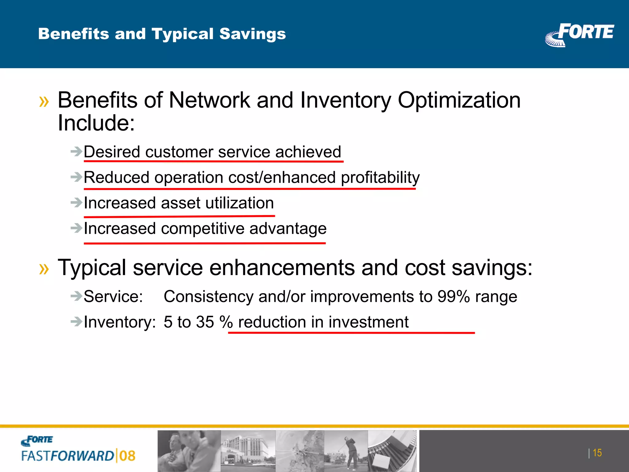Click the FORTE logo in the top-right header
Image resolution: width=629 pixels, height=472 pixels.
(580, 34)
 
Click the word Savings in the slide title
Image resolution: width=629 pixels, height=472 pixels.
(252, 34)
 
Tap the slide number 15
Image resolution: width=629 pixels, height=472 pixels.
(597, 453)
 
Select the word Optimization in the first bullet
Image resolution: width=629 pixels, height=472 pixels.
(459, 100)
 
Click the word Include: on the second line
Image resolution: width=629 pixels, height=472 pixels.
(96, 123)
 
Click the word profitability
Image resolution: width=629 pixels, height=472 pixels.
(380, 178)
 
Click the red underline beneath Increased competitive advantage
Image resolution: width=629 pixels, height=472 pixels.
(205, 243)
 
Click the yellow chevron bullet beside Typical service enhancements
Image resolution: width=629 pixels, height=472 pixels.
(44, 269)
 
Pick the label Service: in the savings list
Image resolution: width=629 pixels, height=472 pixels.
(113, 297)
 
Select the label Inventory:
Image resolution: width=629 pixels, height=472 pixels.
(119, 322)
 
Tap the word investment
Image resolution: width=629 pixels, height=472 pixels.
(368, 322)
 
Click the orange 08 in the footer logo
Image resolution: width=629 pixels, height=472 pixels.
(127, 456)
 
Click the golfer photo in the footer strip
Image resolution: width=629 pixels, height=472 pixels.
(346, 450)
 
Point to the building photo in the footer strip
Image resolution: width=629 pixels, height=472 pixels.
(248, 450)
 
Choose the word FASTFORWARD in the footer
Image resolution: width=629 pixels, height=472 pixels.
(68, 456)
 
